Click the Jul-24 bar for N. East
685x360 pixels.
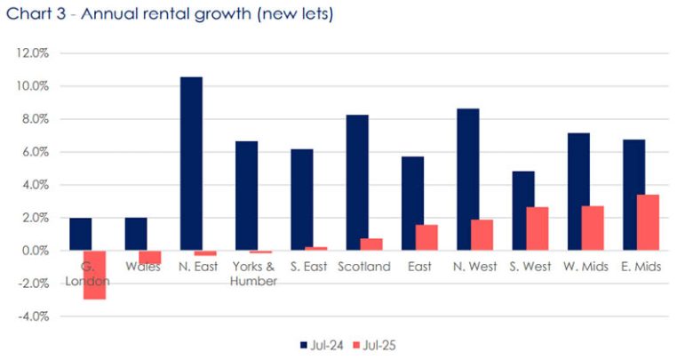point(191,164)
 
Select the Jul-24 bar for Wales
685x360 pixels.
point(136,234)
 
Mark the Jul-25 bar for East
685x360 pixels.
point(426,237)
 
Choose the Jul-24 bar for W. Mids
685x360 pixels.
point(578,191)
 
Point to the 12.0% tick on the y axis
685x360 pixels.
point(32,53)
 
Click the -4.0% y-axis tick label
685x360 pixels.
point(32,316)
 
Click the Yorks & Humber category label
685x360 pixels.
point(253,274)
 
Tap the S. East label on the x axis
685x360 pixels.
point(307,267)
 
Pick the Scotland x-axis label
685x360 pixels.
point(363,267)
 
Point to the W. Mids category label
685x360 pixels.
point(585,267)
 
